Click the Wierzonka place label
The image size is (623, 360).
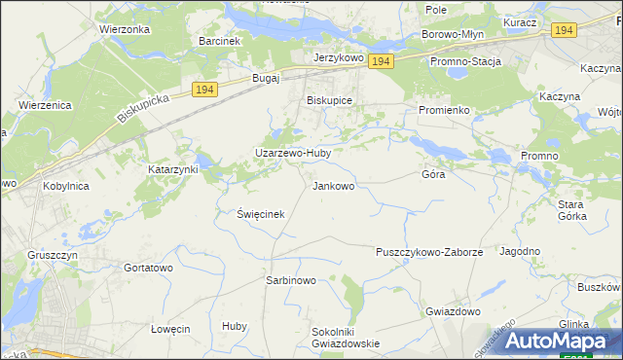124,29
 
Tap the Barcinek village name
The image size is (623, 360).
219,41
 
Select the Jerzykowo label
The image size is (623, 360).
338,58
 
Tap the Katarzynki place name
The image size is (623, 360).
173,168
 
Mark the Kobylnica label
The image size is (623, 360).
67,184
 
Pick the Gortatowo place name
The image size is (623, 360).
148,267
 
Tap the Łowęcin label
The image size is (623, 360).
170,329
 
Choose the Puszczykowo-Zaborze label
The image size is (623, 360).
429,252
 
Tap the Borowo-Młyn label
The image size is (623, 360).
454,34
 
